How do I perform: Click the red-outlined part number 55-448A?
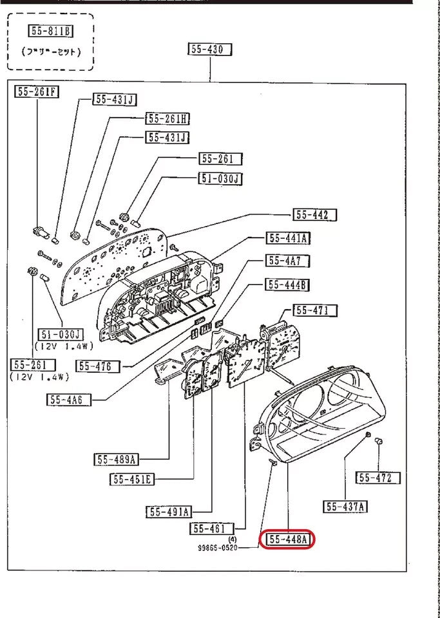tap(286, 539)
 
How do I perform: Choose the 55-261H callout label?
tap(167, 118)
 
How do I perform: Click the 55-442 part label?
tap(316, 215)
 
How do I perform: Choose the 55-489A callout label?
tap(116, 460)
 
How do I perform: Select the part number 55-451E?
tap(132, 479)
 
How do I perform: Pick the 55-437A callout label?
tap(346, 507)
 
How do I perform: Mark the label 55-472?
tap(378, 478)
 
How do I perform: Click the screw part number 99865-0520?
tap(218, 548)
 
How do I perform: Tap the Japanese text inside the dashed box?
tap(51, 51)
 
